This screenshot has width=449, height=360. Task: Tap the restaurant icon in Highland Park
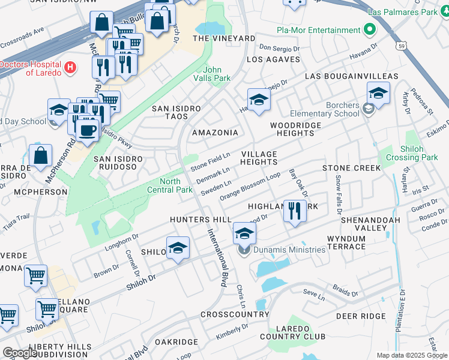(x=294, y=212)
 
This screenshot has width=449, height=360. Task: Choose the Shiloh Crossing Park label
(x=420, y=153)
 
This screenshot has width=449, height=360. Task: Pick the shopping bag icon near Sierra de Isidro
(x=40, y=156)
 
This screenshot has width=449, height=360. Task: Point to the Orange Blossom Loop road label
(x=250, y=187)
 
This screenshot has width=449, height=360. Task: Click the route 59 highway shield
(x=401, y=45)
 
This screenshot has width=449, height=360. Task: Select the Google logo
(x=20, y=353)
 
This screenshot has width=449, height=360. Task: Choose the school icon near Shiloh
(x=178, y=248)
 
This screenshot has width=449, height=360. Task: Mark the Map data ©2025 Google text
(x=411, y=355)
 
